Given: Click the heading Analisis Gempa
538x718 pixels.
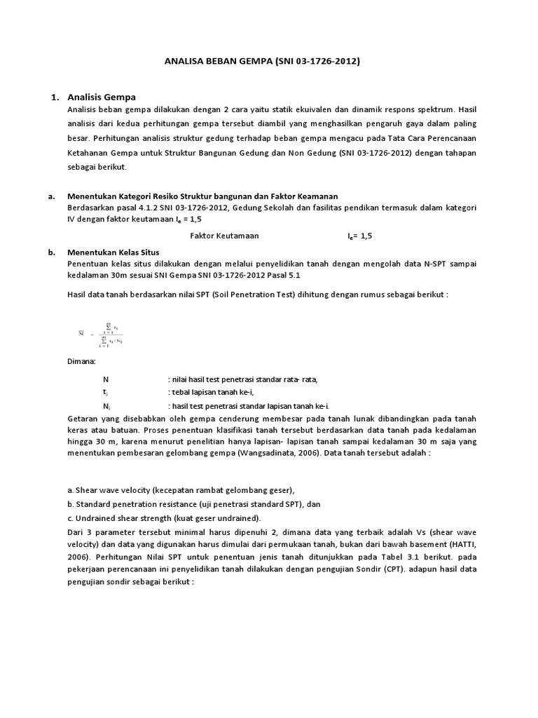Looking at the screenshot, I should click(x=102, y=96).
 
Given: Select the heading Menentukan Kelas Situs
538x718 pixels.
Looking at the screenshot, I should click(x=113, y=252).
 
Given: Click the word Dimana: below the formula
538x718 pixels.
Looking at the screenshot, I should click(x=81, y=362).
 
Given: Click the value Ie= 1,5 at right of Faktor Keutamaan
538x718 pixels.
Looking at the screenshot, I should click(x=360, y=236).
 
